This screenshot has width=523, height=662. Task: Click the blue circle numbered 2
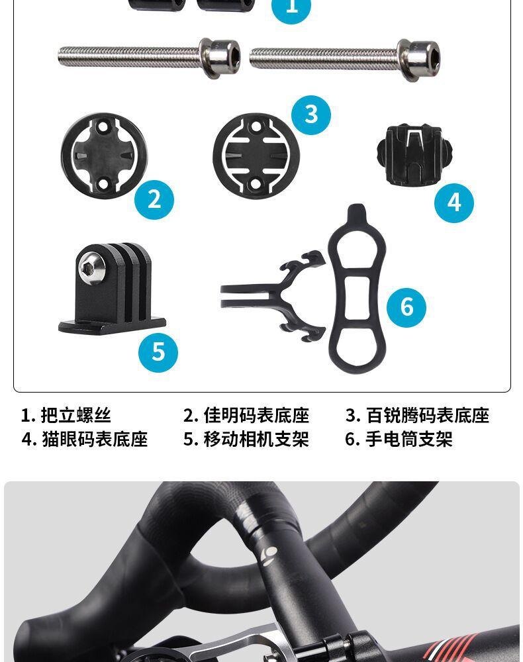[154, 199]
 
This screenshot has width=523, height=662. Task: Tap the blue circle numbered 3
[311, 114]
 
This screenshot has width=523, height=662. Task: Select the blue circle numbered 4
[454, 202]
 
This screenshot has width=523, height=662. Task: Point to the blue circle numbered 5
[158, 352]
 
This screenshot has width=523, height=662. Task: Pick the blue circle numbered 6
[406, 307]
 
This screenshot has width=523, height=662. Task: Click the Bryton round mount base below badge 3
[256, 155]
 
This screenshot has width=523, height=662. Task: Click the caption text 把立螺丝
[75, 416]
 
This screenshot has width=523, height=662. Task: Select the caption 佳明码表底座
[256, 416]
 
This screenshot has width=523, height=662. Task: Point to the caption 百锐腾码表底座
[427, 416]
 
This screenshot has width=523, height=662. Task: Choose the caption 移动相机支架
[256, 440]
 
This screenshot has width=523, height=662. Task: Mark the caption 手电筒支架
[408, 440]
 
